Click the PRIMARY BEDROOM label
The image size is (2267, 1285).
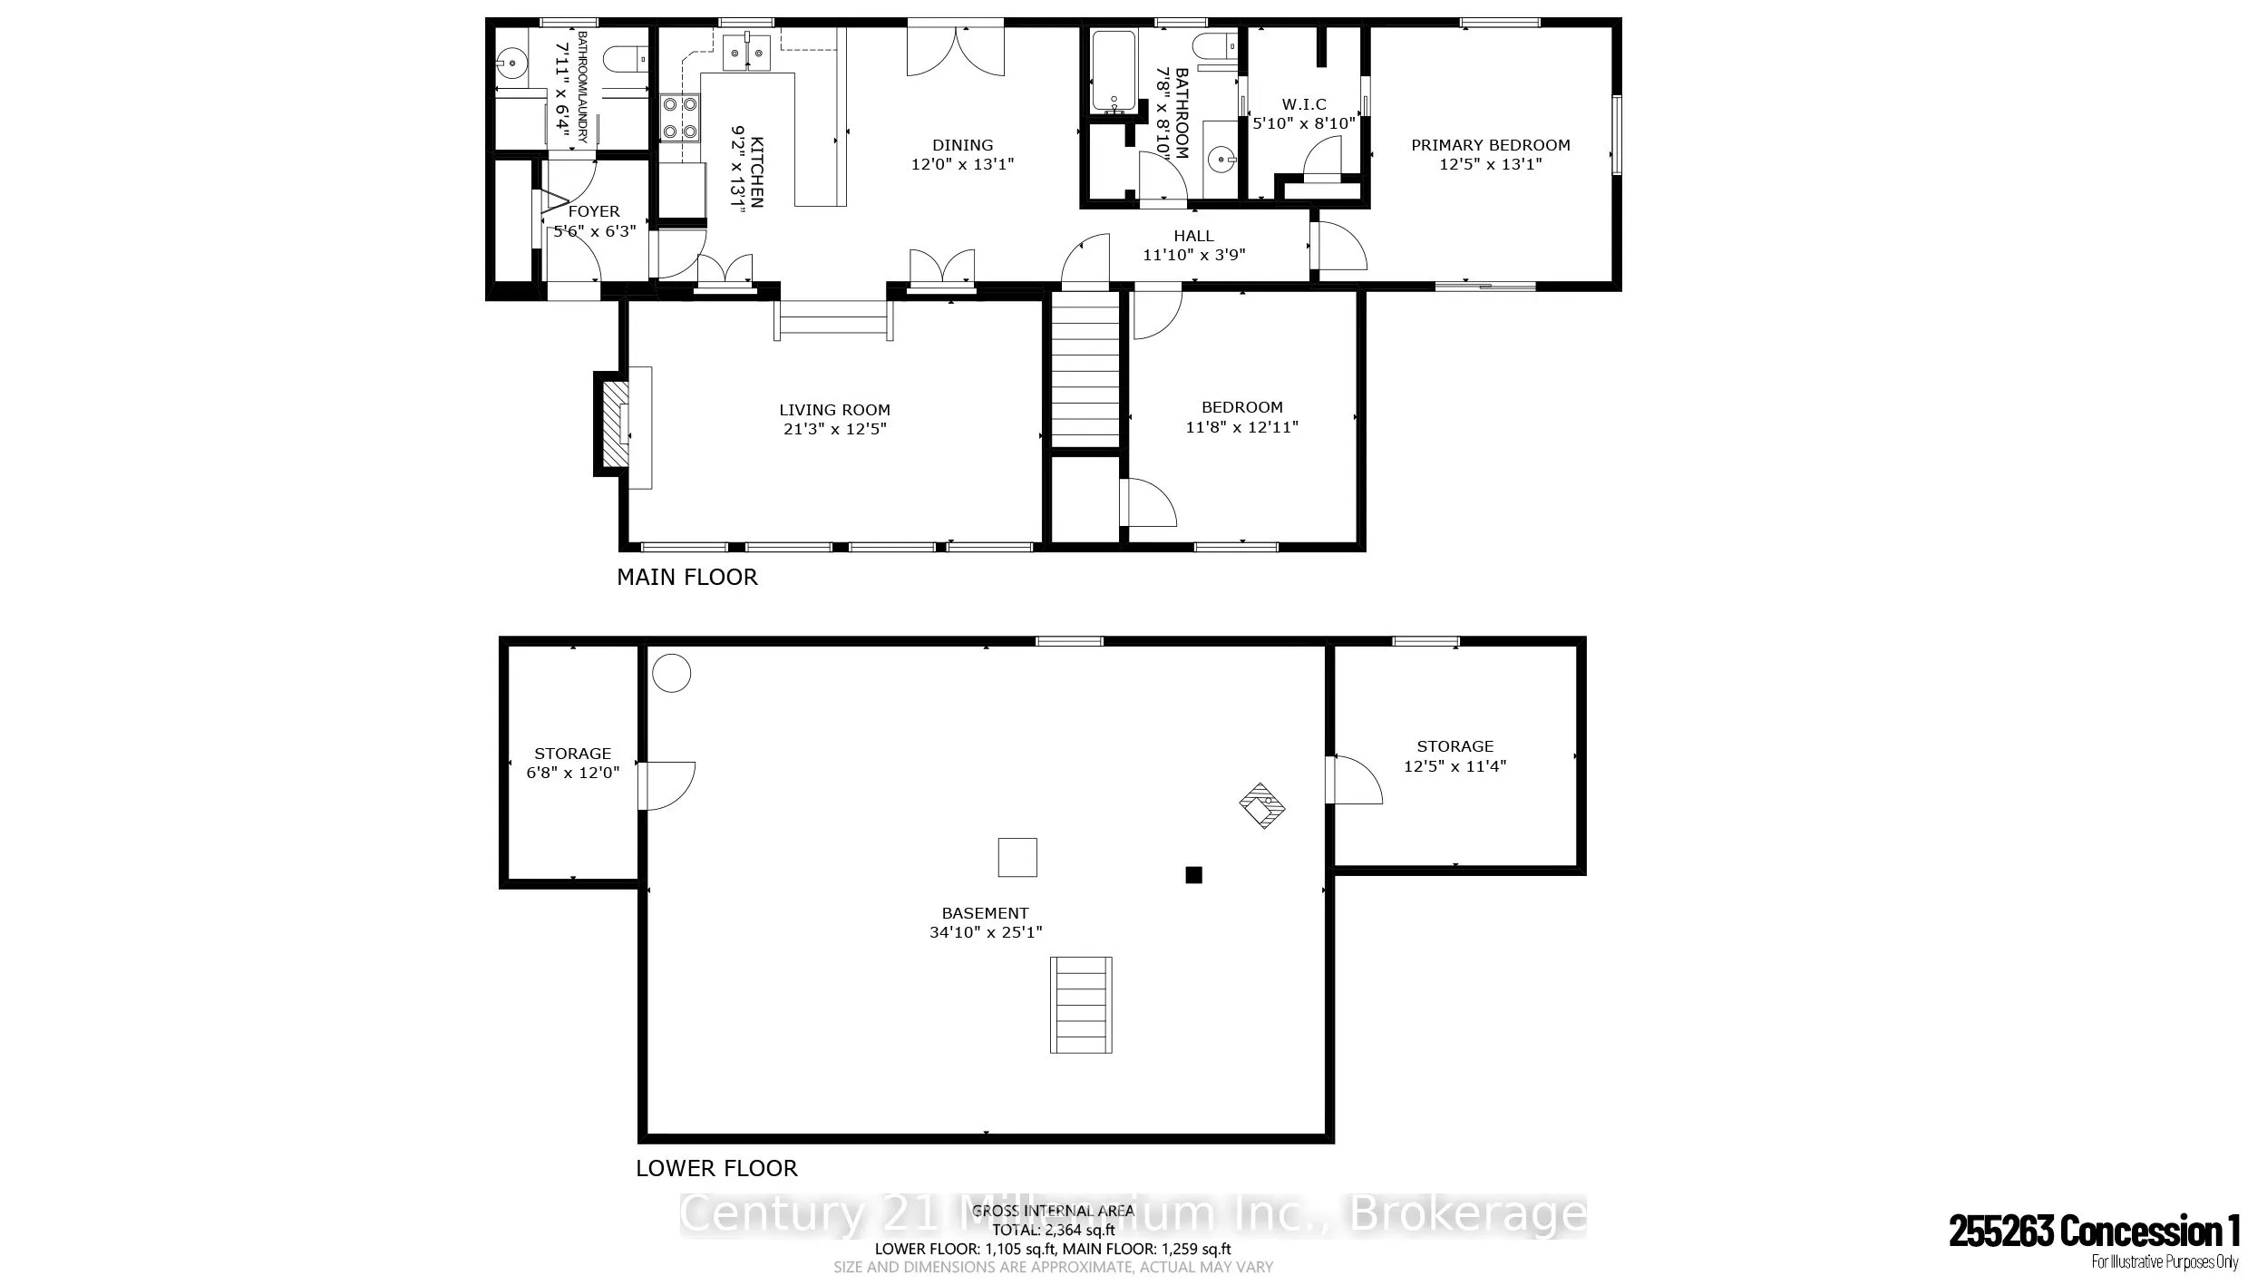(x=1490, y=145)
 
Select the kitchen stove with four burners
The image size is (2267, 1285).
(x=680, y=118)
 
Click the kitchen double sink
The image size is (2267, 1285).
(x=746, y=52)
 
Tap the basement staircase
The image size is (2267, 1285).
(x=1081, y=1005)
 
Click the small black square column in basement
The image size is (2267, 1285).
(x=1193, y=875)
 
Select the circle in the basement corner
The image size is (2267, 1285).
(x=672, y=673)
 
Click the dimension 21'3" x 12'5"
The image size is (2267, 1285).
(x=834, y=429)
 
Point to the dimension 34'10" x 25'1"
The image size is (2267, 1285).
(x=986, y=932)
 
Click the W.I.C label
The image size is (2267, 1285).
(x=1304, y=105)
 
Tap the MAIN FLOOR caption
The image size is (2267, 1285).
(x=686, y=577)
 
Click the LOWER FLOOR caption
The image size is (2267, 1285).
(x=716, y=1168)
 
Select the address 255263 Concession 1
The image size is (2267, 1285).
(x=2094, y=1231)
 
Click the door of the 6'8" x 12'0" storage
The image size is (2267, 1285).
(x=666, y=786)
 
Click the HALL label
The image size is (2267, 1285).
(x=1193, y=236)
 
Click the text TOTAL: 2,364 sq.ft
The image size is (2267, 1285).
(x=1053, y=1231)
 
